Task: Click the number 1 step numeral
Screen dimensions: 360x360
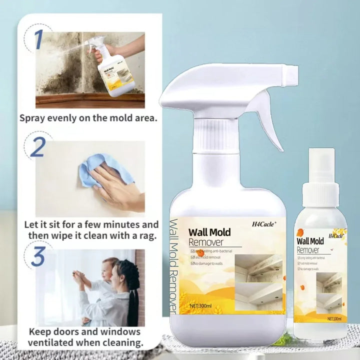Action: point(38,39)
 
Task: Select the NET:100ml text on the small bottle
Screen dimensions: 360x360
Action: point(330,318)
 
